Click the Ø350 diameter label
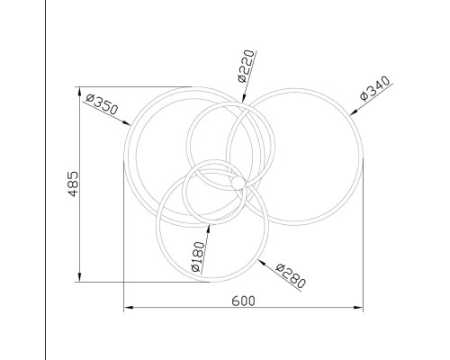103,104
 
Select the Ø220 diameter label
246,67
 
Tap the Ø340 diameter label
375,88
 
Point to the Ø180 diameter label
198,256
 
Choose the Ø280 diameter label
291,275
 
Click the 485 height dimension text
73,184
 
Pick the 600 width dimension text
243,301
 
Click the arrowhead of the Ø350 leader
127,122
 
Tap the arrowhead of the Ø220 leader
243,99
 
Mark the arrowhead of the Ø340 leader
354,112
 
